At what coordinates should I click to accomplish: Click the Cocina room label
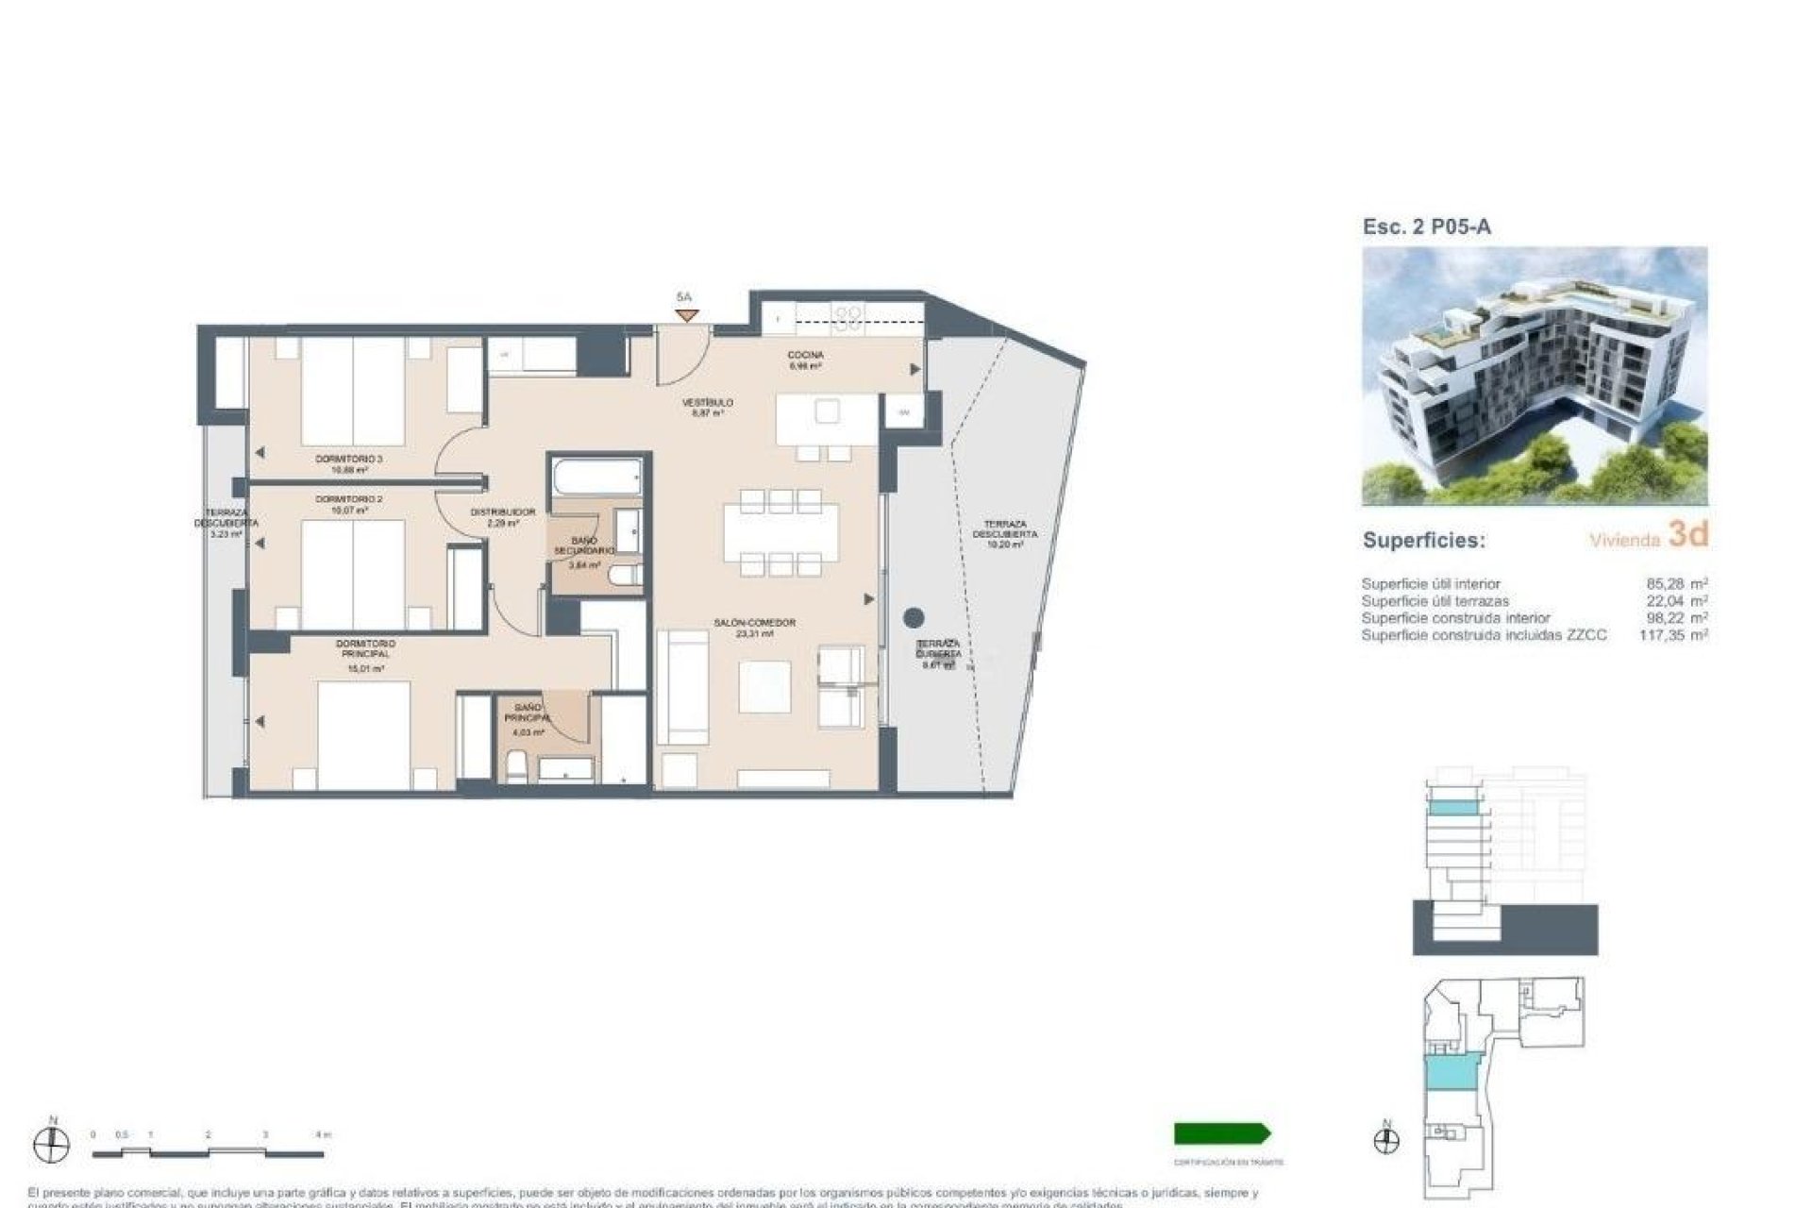(805, 355)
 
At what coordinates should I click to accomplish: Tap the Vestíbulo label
(708, 403)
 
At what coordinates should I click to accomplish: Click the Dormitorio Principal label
(366, 648)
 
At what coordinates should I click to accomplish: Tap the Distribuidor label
(503, 512)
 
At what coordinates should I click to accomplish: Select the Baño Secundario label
(584, 545)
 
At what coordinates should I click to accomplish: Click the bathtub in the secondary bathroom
(596, 478)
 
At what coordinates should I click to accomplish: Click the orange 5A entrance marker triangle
(686, 315)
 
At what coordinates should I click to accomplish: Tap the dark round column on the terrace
(913, 618)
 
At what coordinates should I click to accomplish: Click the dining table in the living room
(780, 533)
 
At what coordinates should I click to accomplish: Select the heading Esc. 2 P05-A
(1427, 226)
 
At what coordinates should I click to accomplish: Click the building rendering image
(1535, 376)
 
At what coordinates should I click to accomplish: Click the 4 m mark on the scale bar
(321, 1135)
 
